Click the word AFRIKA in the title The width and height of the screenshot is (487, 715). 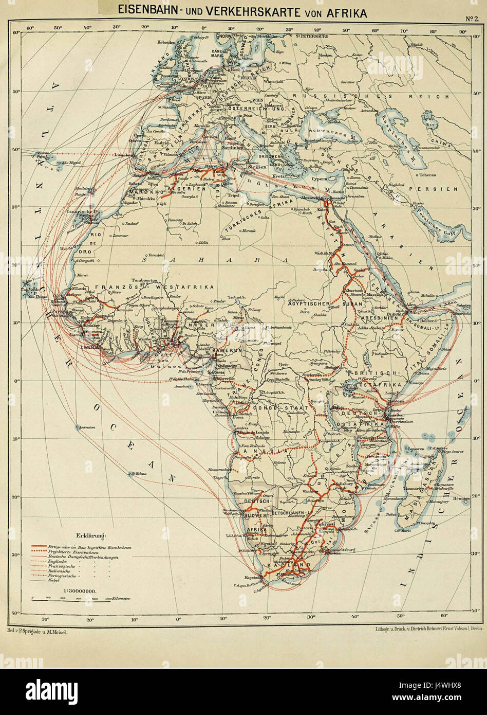[344, 12]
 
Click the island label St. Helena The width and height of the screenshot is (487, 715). [139, 473]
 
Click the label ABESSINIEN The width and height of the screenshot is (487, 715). [379, 318]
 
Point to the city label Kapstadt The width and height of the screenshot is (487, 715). [250, 577]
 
